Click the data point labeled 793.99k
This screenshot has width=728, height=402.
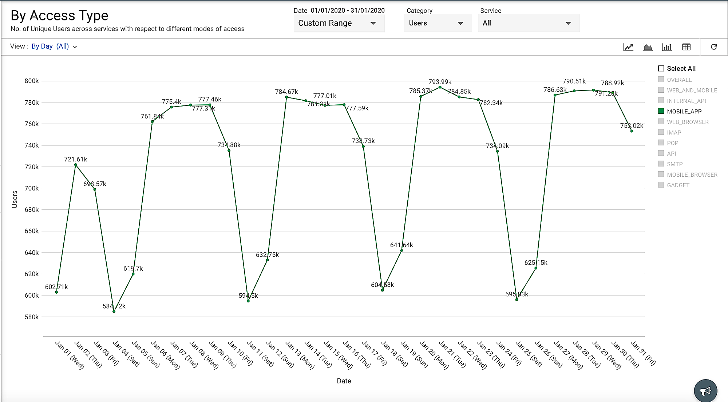(440, 87)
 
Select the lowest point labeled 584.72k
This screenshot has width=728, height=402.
(114, 311)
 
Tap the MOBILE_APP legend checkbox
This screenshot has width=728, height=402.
(661, 111)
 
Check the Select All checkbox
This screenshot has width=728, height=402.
(661, 69)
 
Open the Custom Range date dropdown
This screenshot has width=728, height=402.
(339, 23)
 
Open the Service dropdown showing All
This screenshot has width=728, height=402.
(528, 23)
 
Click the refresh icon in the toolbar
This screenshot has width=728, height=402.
(714, 47)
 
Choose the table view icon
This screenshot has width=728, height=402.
(686, 47)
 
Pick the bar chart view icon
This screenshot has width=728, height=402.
(667, 47)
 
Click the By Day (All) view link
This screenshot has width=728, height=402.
(54, 47)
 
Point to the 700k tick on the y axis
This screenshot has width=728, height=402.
(32, 188)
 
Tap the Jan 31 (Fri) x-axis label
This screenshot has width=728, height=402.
(643, 353)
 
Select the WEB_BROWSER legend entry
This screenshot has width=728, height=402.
(687, 122)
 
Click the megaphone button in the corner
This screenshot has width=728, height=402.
(705, 391)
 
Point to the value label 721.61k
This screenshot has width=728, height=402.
(75, 159)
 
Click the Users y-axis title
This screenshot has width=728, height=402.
(15, 199)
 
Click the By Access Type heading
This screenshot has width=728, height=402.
(59, 16)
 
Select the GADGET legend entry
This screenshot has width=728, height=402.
(678, 185)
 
